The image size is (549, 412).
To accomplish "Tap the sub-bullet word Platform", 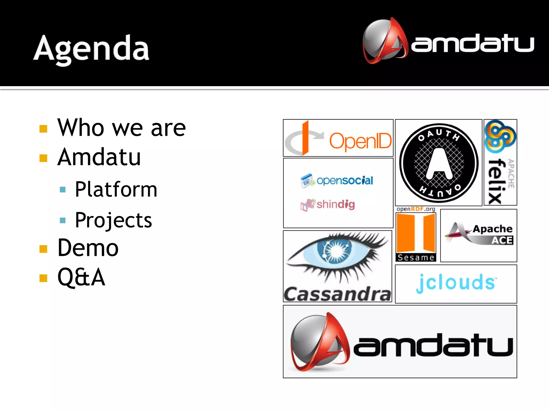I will tap(116, 189).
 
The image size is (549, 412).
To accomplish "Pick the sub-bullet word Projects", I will tap(113, 220).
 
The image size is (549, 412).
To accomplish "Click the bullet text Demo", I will tap(88, 248).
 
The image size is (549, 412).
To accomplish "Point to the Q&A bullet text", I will tap(81, 277).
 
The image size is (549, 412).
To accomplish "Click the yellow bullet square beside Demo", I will tap(43, 249).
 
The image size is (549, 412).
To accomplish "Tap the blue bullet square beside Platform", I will tap(63, 190).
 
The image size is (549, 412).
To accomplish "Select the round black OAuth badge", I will tap(439, 163).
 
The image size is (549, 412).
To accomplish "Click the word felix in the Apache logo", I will tap(496, 181).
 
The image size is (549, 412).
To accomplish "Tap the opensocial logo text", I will tap(345, 181).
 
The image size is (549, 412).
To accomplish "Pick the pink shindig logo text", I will tap(336, 204).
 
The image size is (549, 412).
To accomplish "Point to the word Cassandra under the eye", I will tap(337, 294).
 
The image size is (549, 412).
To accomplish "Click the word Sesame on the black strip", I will tap(416, 257).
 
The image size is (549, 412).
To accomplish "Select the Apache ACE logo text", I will tap(493, 234).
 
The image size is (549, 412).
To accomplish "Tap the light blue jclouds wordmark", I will tap(456, 283).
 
